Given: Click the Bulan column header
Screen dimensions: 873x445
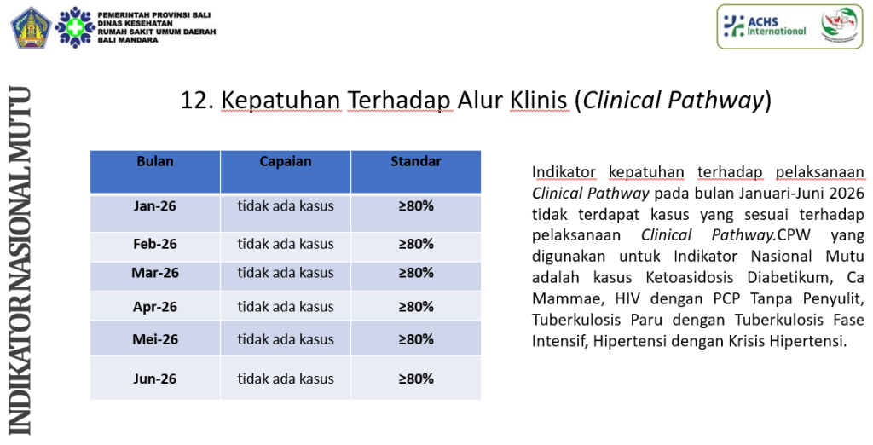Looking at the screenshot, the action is pos(155,161).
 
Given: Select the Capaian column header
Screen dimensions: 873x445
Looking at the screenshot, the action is pos(285,161).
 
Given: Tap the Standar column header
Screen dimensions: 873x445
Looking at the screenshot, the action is pos(416,161).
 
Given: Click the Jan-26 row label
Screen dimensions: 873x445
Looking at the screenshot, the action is pos(155,206).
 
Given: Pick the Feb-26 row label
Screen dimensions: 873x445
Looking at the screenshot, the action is pos(155,244).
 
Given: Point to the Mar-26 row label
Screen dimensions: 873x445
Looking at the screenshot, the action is pos(155,273).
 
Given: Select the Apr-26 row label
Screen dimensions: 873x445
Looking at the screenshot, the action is pos(155,307).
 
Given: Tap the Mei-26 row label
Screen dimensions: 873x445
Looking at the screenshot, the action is pos(155,339).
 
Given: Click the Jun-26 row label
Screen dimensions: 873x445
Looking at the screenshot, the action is pos(155,379).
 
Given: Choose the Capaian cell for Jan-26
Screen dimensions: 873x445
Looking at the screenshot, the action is pos(286,206).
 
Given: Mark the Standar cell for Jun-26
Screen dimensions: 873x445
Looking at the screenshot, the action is pos(416,379).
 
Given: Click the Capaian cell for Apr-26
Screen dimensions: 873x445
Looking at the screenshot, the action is pos(286,307).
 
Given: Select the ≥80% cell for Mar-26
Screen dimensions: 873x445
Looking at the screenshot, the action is pos(416,273).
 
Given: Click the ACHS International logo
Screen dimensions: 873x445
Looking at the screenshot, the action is pos(765,26).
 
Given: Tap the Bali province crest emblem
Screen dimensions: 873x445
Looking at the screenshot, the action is pos(31,27).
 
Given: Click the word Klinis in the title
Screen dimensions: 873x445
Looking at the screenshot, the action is pos(539,101).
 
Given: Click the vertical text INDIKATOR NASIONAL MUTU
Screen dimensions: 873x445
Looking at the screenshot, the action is pos(20,260).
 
